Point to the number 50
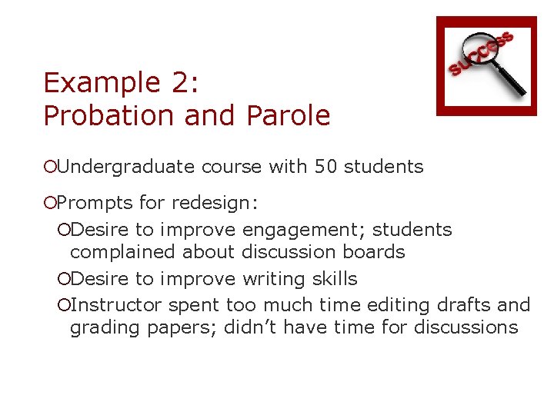[325, 167]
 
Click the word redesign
[215, 204]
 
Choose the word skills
[333, 278]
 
